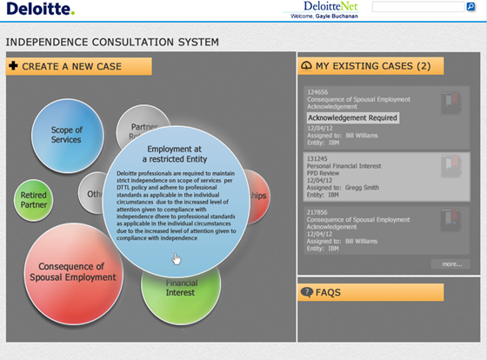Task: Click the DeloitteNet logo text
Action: [317, 8]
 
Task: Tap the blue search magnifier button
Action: [470, 7]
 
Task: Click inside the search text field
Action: [417, 7]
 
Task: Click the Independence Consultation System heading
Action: [112, 42]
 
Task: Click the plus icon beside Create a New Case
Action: [13, 66]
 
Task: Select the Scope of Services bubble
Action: [66, 135]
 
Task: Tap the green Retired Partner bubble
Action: [34, 201]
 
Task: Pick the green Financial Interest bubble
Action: [182, 291]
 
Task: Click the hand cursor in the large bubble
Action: [177, 258]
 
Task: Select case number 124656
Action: [317, 91]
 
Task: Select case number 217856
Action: [317, 211]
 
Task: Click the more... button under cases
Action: [450, 263]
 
